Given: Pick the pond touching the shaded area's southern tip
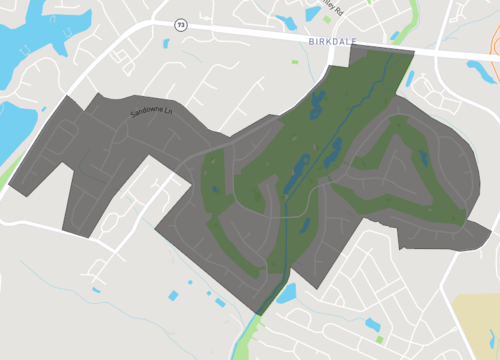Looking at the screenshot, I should (286, 293).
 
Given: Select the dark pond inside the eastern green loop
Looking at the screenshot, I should (424, 157).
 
